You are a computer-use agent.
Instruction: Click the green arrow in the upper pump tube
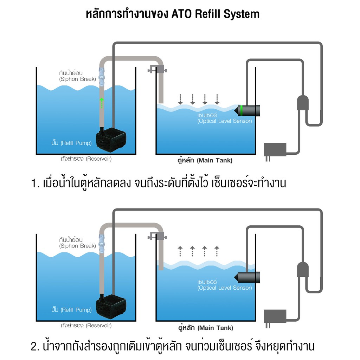point(102,103)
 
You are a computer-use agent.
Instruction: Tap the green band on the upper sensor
point(241,110)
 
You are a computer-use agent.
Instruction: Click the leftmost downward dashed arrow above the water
point(180,99)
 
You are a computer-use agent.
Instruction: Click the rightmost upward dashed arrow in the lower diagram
point(217,251)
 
